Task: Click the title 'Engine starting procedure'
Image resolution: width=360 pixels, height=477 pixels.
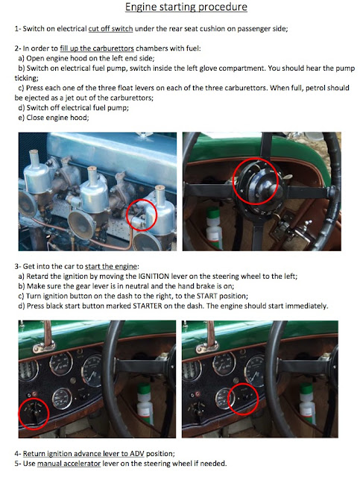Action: (186, 7)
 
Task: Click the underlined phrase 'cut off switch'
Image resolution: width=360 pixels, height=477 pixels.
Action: (110, 29)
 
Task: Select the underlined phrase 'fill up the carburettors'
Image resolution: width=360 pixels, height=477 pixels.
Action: (97, 48)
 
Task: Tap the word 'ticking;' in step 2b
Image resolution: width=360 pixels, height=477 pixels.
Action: (26, 78)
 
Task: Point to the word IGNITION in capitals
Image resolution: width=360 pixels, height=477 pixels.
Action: (154, 277)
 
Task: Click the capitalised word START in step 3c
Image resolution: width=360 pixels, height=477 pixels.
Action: (207, 296)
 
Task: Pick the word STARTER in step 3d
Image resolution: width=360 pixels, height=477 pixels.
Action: (148, 306)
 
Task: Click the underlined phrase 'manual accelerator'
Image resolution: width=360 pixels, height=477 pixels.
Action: (69, 464)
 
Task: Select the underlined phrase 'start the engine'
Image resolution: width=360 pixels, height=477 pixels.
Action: (111, 267)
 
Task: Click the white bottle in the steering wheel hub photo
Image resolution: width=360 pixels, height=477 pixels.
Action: (214, 228)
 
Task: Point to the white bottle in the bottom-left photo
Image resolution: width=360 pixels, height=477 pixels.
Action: (145, 404)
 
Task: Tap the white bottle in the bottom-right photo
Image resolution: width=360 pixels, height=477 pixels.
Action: (307, 404)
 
